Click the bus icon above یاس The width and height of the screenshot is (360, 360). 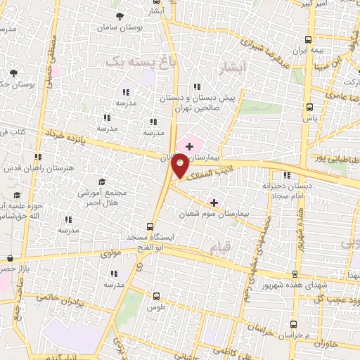pos(310,108)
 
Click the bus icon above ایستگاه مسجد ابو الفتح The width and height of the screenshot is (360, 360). pos(149,226)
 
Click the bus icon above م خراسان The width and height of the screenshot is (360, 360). pos(293,324)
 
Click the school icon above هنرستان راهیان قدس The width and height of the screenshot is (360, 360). pos(38,156)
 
